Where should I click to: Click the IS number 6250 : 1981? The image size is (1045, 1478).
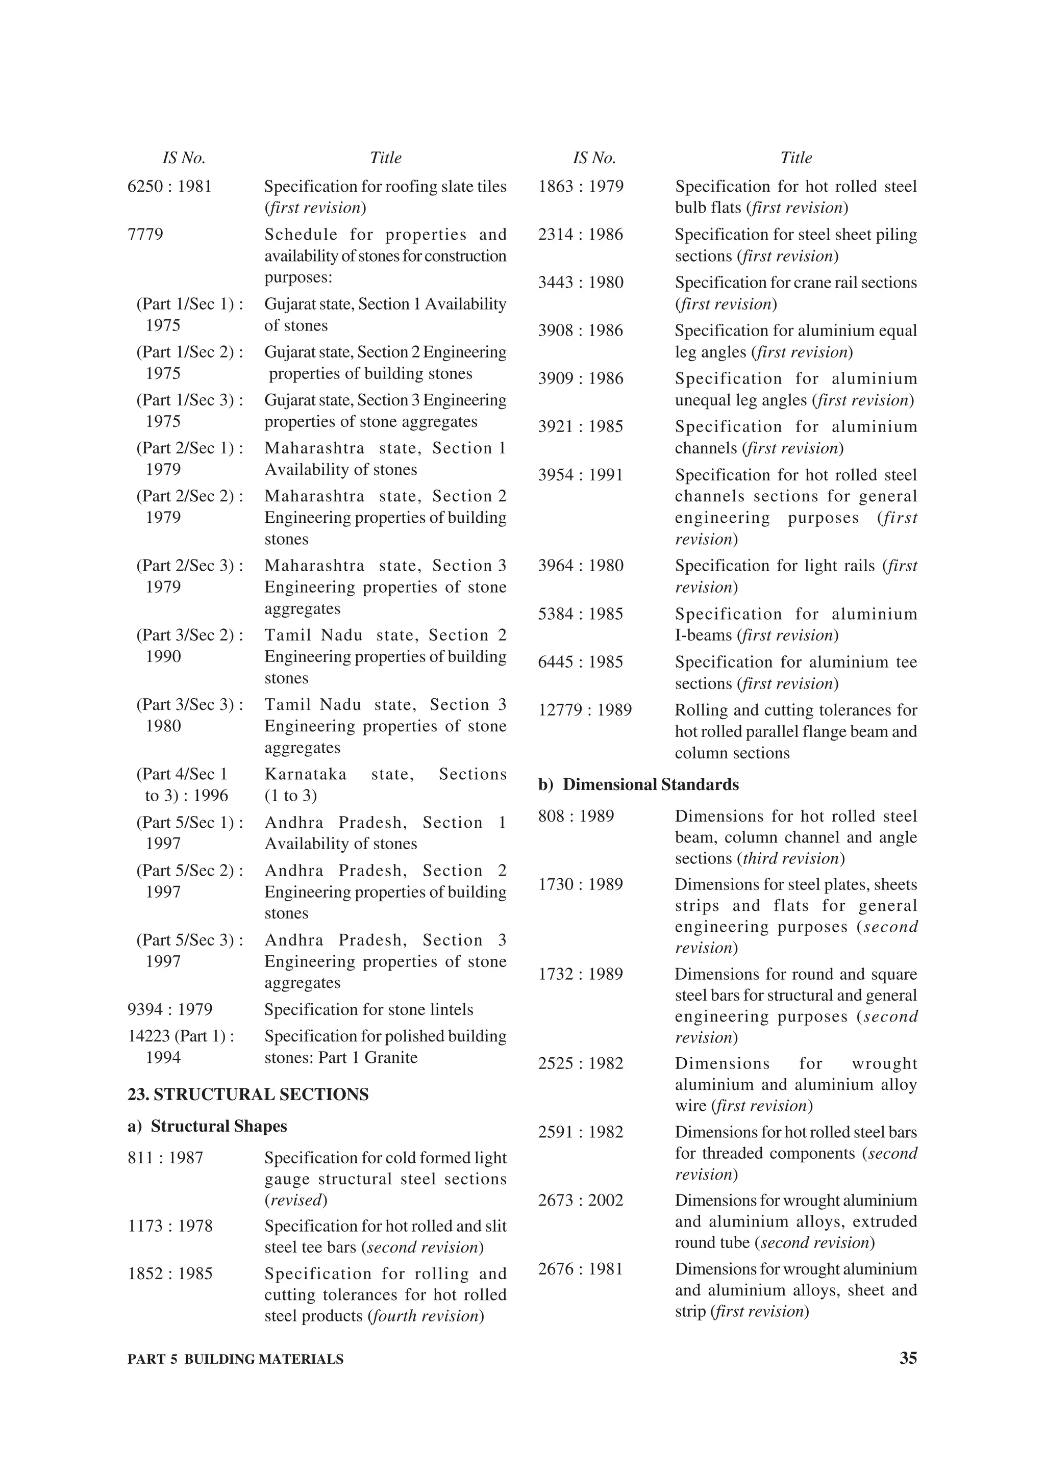point(169,187)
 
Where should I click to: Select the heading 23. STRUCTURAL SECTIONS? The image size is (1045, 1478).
point(248,1094)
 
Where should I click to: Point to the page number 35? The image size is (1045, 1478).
point(908,1358)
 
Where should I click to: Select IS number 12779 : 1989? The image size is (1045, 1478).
point(585,710)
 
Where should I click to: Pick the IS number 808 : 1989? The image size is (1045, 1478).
point(576,816)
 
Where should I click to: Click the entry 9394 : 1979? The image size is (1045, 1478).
point(170,1009)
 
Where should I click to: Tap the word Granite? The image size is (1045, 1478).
point(391,1057)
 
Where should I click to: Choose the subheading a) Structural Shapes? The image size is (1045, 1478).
point(207,1126)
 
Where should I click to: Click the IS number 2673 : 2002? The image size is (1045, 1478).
point(580,1200)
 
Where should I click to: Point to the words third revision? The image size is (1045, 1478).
point(791,858)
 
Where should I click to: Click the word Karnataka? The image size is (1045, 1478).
point(305,774)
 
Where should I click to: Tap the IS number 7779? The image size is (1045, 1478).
point(145,234)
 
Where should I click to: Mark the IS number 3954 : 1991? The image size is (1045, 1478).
point(580,475)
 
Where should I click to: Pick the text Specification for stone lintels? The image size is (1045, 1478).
point(368,1009)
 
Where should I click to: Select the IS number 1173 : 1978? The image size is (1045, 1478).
point(170,1226)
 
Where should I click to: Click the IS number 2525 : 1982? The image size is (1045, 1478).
point(580,1063)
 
